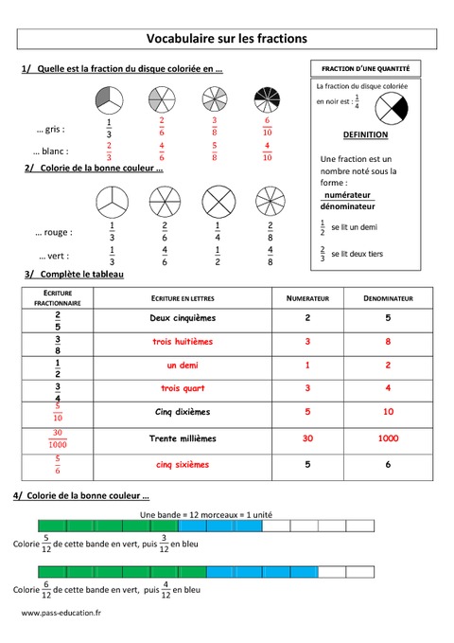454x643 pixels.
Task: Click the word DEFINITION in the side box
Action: pos(365,134)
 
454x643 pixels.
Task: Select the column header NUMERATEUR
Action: pos(307,298)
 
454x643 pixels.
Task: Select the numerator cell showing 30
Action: pos(307,438)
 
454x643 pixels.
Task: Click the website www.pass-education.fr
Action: pos(61,614)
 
